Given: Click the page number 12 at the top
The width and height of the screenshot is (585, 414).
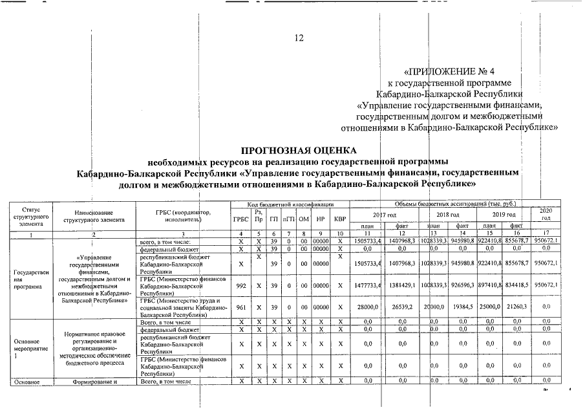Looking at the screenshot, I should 299,38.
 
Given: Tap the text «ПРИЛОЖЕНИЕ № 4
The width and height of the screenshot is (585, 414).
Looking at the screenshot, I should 449,71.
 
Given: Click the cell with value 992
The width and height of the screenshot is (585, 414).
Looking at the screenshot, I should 240,285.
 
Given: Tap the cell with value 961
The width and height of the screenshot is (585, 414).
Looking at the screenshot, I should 240,309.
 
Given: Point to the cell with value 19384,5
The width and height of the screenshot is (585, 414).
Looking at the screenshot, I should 460,309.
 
